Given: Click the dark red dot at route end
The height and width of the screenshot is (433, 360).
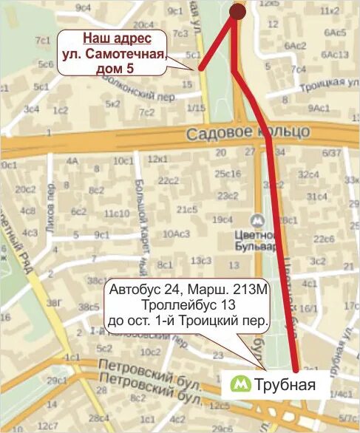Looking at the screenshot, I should (x=237, y=11).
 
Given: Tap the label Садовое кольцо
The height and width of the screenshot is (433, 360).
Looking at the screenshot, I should (x=248, y=133).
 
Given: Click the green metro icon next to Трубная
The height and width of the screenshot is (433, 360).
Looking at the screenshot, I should (x=240, y=383).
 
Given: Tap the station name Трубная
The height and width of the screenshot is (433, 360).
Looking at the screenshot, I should (x=285, y=384).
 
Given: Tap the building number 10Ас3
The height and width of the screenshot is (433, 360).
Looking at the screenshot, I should (x=176, y=234).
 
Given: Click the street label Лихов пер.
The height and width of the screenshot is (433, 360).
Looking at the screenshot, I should (x=50, y=216).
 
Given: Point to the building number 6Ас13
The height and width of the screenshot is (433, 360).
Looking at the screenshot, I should (x=336, y=54).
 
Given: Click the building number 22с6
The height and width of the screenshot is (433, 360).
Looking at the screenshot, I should (x=323, y=239).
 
